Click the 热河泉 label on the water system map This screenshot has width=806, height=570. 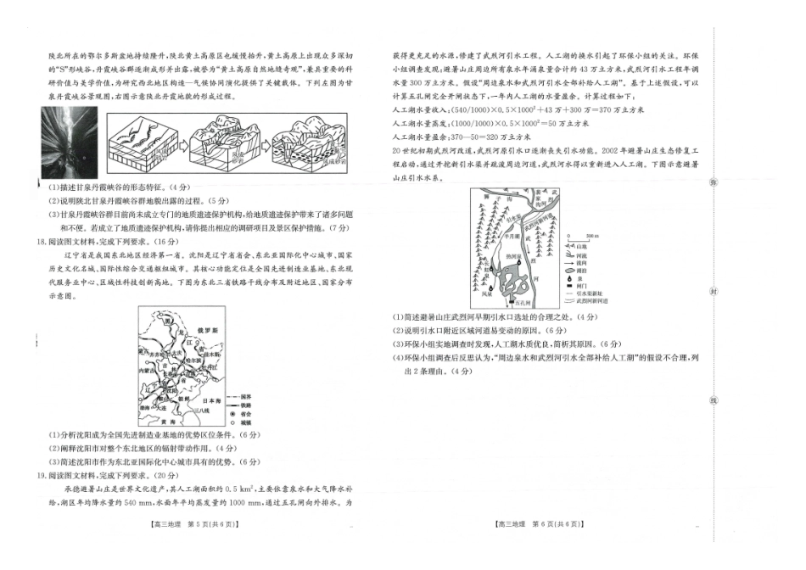pyautogui.click(x=516, y=254)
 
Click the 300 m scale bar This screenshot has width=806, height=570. pyautogui.click(x=591, y=235)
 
